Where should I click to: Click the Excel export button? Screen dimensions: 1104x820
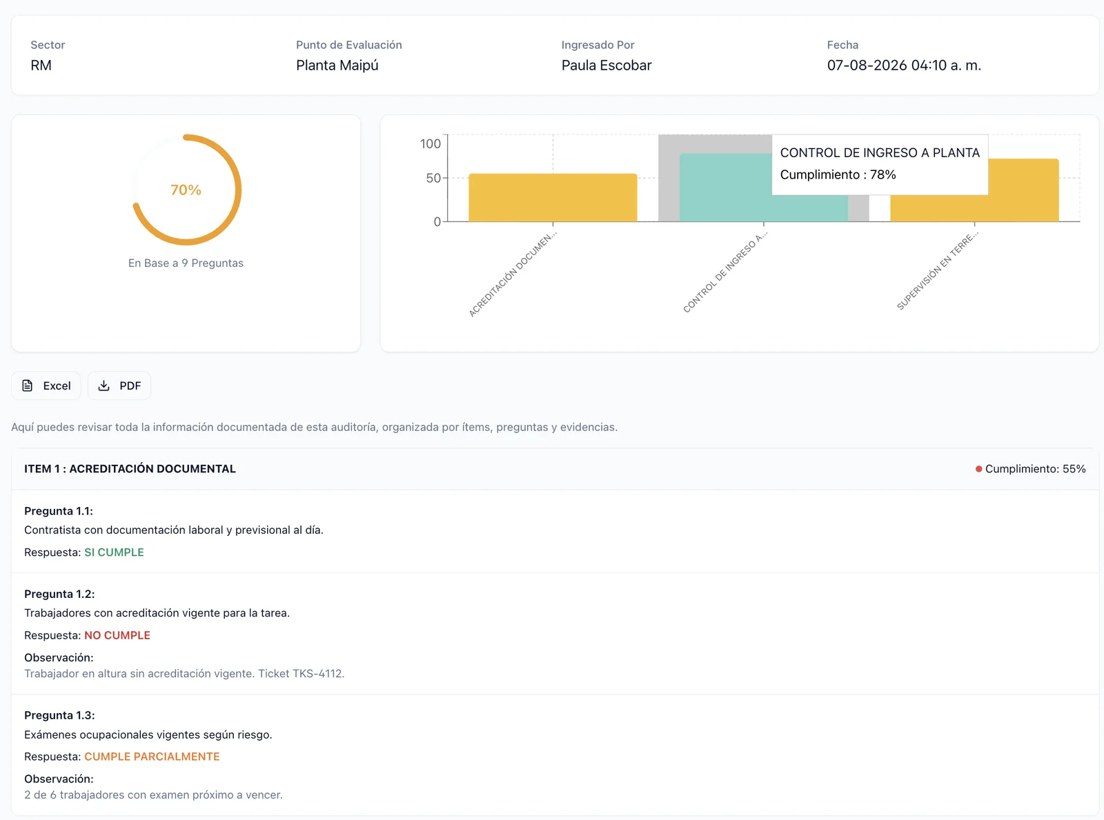[46, 386]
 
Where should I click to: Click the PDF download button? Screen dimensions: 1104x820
[119, 386]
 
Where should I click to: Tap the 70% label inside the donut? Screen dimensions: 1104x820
[186, 190]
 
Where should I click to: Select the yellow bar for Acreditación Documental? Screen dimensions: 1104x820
[553, 197]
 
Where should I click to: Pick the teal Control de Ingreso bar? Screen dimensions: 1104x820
[725, 188]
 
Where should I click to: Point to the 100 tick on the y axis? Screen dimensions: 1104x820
[430, 144]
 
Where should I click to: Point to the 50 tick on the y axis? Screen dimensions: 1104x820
[433, 178]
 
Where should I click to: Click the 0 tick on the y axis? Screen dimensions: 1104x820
[437, 222]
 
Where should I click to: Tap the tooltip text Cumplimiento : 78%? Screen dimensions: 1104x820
[838, 174]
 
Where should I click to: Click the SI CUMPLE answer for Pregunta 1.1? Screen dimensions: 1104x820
[114, 552]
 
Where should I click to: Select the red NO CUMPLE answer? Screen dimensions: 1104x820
[117, 635]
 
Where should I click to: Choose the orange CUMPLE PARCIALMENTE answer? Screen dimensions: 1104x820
[152, 757]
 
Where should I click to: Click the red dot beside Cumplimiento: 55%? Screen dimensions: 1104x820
[978, 469]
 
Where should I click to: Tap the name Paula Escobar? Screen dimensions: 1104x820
[607, 66]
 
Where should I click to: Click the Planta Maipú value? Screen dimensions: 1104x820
[337, 66]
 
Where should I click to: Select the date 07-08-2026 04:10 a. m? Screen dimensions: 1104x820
[904, 66]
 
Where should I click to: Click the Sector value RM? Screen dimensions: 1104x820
[41, 66]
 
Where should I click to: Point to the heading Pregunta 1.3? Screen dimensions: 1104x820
[59, 715]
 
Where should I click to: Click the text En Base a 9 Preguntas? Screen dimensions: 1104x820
[186, 263]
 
